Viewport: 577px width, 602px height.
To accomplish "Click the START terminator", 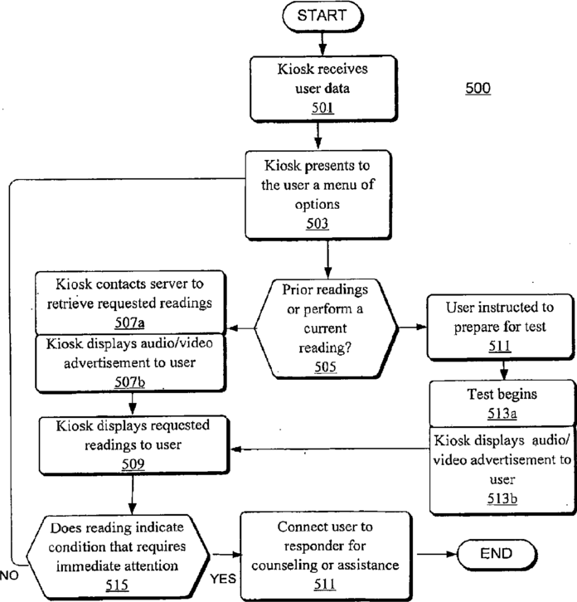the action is point(322,16).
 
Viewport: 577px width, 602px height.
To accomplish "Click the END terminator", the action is point(497,554).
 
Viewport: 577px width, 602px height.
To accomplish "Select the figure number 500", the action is point(478,88).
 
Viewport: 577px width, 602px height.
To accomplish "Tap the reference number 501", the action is point(322,108).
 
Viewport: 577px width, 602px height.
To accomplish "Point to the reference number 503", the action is point(317,223).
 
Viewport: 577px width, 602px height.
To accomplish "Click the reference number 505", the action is point(325,367).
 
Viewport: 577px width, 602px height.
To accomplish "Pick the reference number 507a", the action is point(130,323).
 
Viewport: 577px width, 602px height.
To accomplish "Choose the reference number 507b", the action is point(130,382).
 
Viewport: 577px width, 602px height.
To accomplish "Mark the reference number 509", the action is point(133,464).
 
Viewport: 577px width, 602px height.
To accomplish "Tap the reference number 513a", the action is point(502,414).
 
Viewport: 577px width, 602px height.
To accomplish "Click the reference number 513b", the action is point(502,498).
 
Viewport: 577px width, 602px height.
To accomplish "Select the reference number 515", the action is point(117,585).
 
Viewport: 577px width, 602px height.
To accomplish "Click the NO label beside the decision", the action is point(9,575).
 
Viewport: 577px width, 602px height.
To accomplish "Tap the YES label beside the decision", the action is point(223,579).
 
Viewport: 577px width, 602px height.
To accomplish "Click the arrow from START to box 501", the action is point(322,44).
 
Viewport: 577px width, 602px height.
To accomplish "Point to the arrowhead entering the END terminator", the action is point(453,554).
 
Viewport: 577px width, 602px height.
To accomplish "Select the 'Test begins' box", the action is point(502,403).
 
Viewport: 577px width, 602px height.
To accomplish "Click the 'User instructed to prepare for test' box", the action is point(500,327).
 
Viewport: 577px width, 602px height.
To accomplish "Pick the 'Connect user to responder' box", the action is point(326,556).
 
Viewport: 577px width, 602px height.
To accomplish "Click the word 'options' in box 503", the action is point(317,204).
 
